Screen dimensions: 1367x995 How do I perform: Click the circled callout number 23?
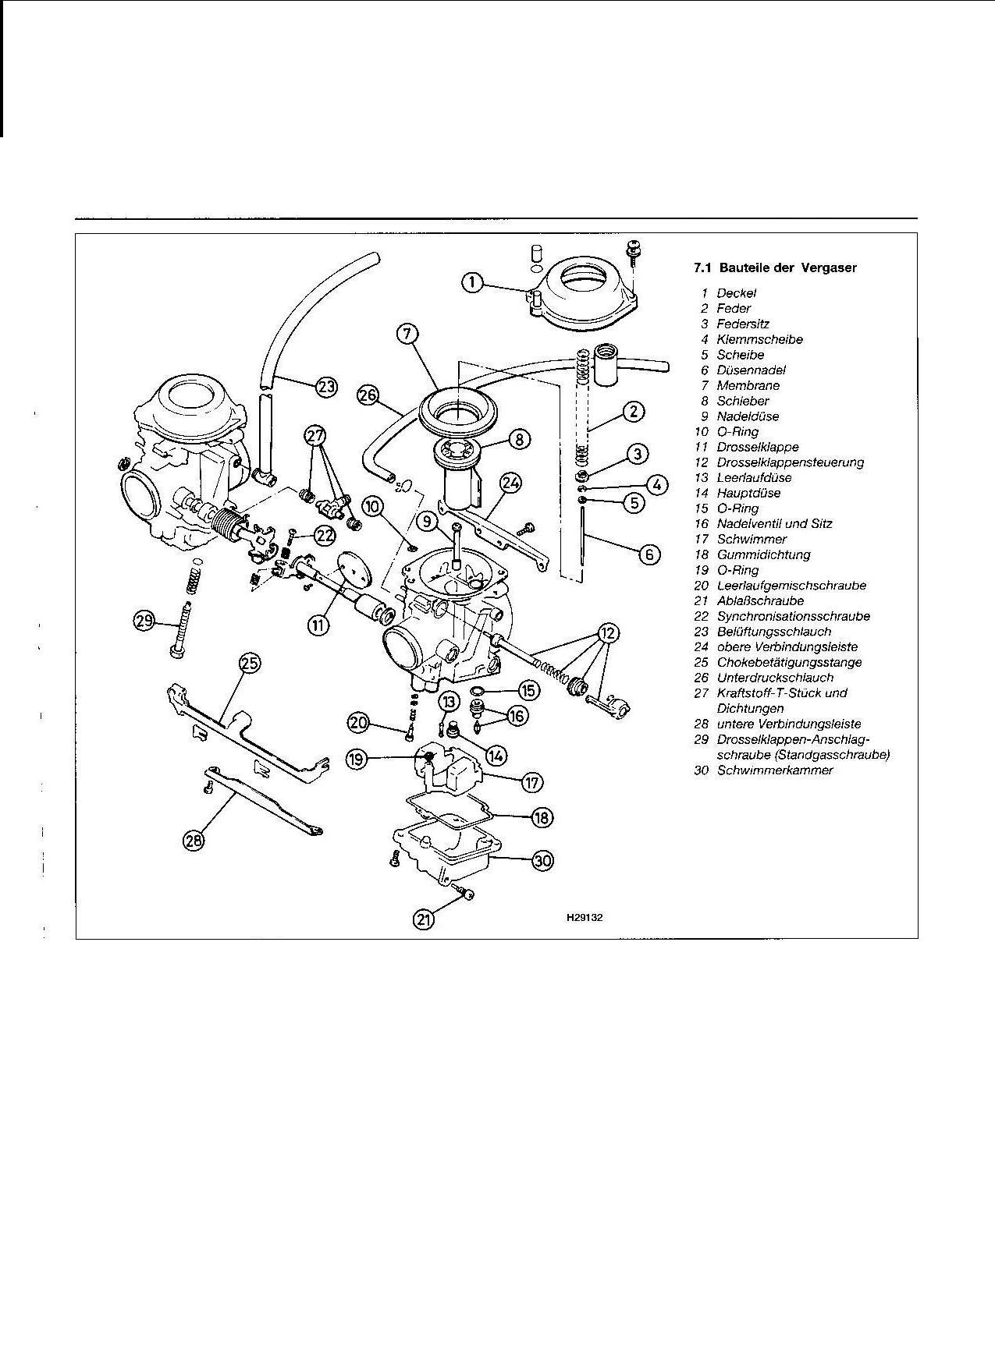[x=327, y=385]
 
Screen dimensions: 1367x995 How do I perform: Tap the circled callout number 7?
[x=407, y=334]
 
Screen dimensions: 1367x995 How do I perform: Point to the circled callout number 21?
[x=423, y=920]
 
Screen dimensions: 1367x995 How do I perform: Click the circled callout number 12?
[x=609, y=632]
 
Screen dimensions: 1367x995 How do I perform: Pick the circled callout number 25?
[x=249, y=664]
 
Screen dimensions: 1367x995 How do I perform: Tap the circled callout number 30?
[x=542, y=860]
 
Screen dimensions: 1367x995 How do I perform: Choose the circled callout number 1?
[x=472, y=282]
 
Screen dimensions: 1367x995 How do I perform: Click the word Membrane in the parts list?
[x=748, y=385]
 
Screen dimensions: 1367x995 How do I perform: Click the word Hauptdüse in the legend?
[x=748, y=493]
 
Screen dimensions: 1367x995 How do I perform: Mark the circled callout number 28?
[x=193, y=839]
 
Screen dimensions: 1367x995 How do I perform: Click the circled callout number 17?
[x=532, y=781]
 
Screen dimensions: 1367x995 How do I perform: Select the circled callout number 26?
[x=368, y=395]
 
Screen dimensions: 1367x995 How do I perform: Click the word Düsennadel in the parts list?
[x=751, y=370]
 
